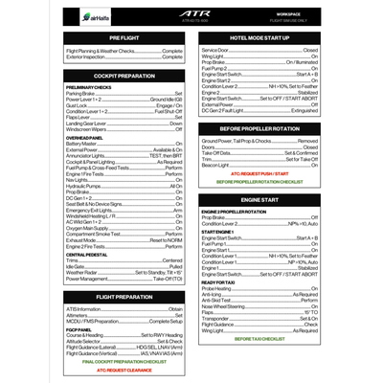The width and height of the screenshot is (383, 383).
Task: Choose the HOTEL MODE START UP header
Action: (259, 37)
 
